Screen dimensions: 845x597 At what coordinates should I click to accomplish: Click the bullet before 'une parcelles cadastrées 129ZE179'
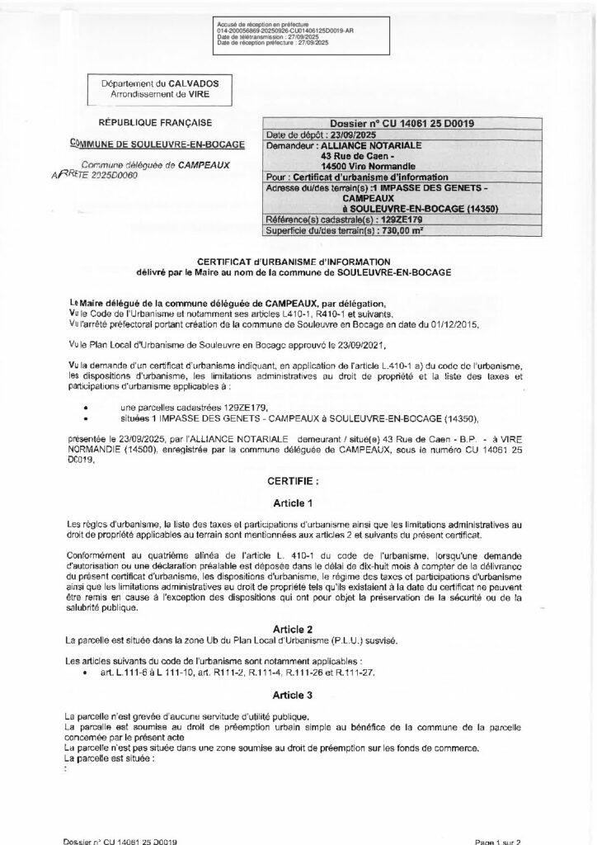[x=88, y=408]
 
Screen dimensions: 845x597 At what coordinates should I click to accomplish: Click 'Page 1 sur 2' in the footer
[x=497, y=840]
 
